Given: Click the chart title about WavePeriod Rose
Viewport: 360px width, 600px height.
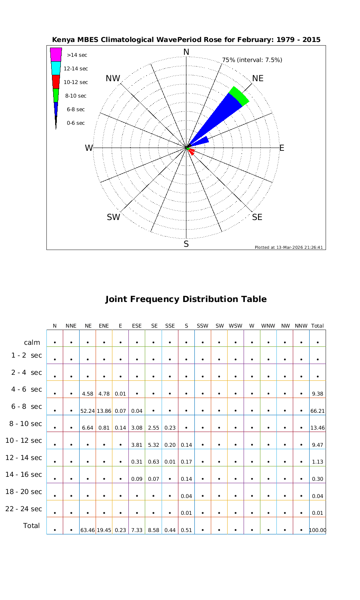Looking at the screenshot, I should coord(186,40).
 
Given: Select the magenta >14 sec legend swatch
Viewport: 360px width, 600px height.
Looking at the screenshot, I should coord(56,54).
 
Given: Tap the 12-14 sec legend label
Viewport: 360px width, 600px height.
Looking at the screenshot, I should coord(76,69).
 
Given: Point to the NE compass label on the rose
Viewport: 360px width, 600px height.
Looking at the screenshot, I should coord(258,78).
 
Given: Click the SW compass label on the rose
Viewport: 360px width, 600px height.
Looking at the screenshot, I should coord(114,218).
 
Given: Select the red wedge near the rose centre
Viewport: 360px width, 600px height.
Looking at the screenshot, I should coord(192,151).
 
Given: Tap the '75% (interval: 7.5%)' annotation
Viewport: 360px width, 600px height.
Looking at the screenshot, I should coord(252,60).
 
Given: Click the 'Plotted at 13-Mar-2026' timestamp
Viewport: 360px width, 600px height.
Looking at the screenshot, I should coord(288,247).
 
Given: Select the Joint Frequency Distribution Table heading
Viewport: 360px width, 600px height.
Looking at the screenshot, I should coord(186,299).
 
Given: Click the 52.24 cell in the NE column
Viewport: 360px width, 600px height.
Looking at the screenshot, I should coord(88,411).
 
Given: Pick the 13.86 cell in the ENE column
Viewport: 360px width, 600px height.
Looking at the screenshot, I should coord(104,411).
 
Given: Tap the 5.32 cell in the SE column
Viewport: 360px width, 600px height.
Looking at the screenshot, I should coord(154,445).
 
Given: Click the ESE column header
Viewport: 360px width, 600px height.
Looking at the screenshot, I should coord(137,326).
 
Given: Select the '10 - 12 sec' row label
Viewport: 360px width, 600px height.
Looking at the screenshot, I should coord(24,441).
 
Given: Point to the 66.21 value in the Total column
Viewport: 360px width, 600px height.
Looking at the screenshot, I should coord(318,411).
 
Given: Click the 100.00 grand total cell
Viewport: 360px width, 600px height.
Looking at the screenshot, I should coord(318,530).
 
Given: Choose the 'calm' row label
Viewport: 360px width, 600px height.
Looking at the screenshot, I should coord(32,342).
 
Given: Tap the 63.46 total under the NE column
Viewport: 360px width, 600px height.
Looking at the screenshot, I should coord(88,530).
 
